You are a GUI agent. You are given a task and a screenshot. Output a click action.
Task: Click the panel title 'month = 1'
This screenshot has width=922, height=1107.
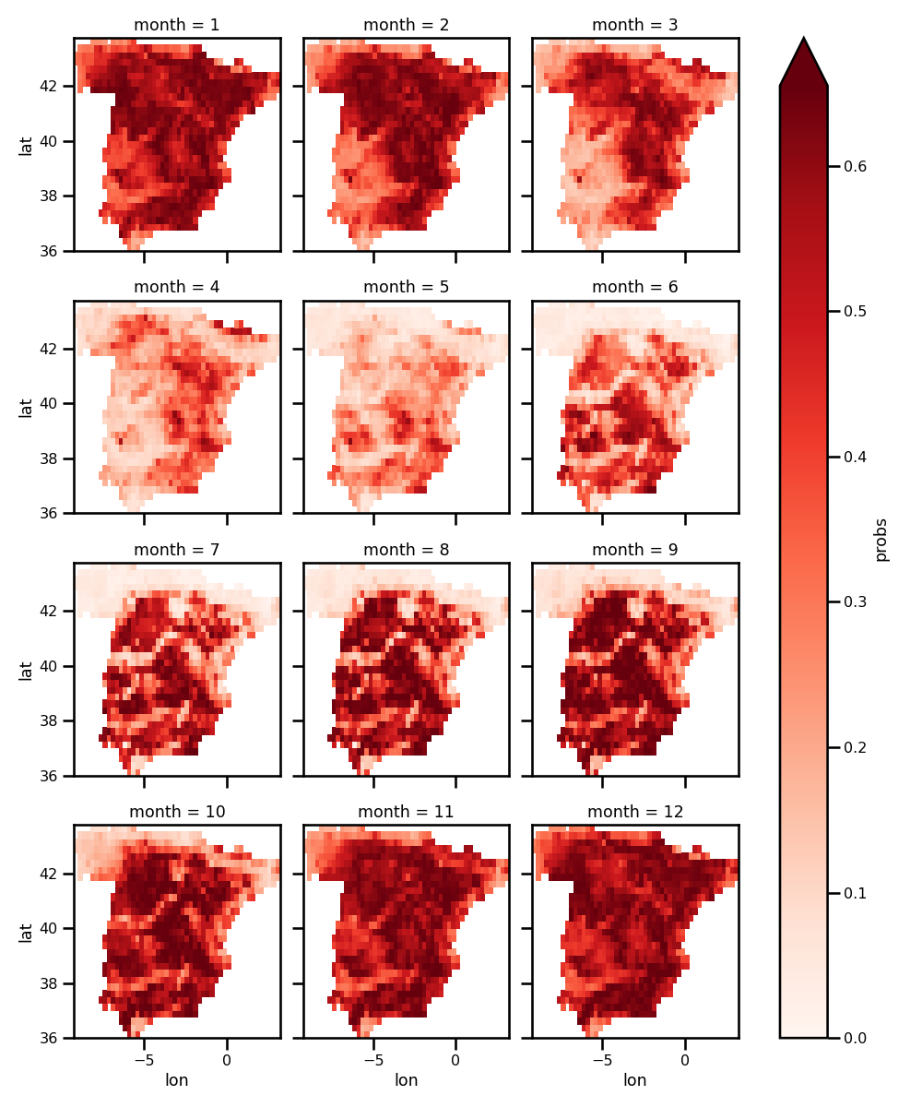click(x=177, y=25)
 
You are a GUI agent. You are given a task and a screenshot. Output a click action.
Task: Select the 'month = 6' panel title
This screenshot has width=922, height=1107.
click(x=635, y=287)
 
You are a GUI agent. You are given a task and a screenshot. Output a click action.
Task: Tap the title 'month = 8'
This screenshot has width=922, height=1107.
click(x=407, y=550)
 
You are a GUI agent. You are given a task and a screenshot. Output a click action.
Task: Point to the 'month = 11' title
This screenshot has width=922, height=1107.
click(x=407, y=812)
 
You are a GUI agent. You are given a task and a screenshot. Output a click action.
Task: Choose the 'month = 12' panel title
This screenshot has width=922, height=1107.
click(x=635, y=812)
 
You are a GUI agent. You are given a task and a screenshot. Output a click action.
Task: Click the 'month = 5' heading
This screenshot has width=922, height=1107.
click(x=407, y=287)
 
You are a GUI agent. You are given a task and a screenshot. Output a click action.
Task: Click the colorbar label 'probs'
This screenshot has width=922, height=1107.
click(x=881, y=538)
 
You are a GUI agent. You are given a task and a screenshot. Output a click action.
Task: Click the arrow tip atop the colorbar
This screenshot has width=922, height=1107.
click(x=804, y=41)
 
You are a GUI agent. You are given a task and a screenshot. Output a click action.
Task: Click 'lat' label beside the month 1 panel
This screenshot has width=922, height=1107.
click(x=26, y=144)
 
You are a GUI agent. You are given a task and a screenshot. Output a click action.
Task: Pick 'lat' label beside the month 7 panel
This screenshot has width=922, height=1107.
click(x=26, y=669)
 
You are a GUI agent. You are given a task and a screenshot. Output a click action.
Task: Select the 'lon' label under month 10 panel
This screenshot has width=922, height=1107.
click(x=177, y=1079)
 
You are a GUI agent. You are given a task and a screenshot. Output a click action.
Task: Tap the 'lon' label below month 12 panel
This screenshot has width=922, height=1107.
click(x=635, y=1079)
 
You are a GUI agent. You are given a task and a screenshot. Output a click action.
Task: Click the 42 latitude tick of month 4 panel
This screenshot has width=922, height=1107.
click(x=51, y=349)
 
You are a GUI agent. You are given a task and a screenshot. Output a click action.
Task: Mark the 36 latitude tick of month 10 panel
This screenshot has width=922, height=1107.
click(x=51, y=1038)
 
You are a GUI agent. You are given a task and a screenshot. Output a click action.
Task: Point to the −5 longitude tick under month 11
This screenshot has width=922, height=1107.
click(x=372, y=1059)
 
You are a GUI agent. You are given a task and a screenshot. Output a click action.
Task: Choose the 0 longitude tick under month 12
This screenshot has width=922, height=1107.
click(x=685, y=1059)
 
